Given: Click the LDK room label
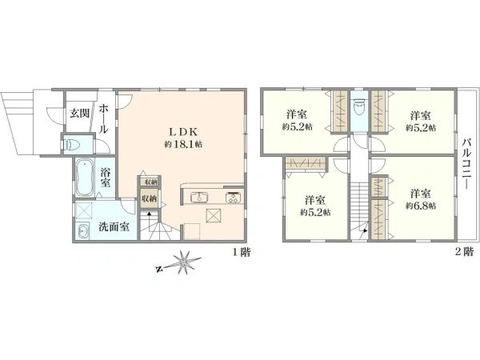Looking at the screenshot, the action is pyautogui.click(x=183, y=132).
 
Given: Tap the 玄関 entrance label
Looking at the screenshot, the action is pyautogui.click(x=79, y=114).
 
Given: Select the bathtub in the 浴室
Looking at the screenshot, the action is pyautogui.click(x=84, y=178).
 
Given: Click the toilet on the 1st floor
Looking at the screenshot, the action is pyautogui.click(x=72, y=145).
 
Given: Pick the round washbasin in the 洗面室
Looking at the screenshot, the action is pyautogui.click(x=82, y=231).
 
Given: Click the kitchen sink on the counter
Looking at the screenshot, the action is pyautogui.click(x=199, y=197).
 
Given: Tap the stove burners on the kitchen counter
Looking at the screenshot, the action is pyautogui.click(x=234, y=197).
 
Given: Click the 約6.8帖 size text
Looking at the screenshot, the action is pyautogui.click(x=421, y=206).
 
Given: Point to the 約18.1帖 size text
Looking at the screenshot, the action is pyautogui.click(x=183, y=145).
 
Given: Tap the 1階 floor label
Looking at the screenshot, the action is pyautogui.click(x=242, y=252).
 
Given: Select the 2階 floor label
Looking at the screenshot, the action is pyautogui.click(x=464, y=252).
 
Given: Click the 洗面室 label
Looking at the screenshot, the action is pyautogui.click(x=114, y=226).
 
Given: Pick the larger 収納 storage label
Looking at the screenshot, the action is pyautogui.click(x=149, y=198).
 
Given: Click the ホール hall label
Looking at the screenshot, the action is pyautogui.click(x=104, y=118).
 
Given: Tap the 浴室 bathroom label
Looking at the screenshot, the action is pyautogui.click(x=105, y=178).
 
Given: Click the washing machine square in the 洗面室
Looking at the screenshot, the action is pyautogui.click(x=83, y=211).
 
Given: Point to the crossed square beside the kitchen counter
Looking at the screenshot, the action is pyautogui.click(x=214, y=215).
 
